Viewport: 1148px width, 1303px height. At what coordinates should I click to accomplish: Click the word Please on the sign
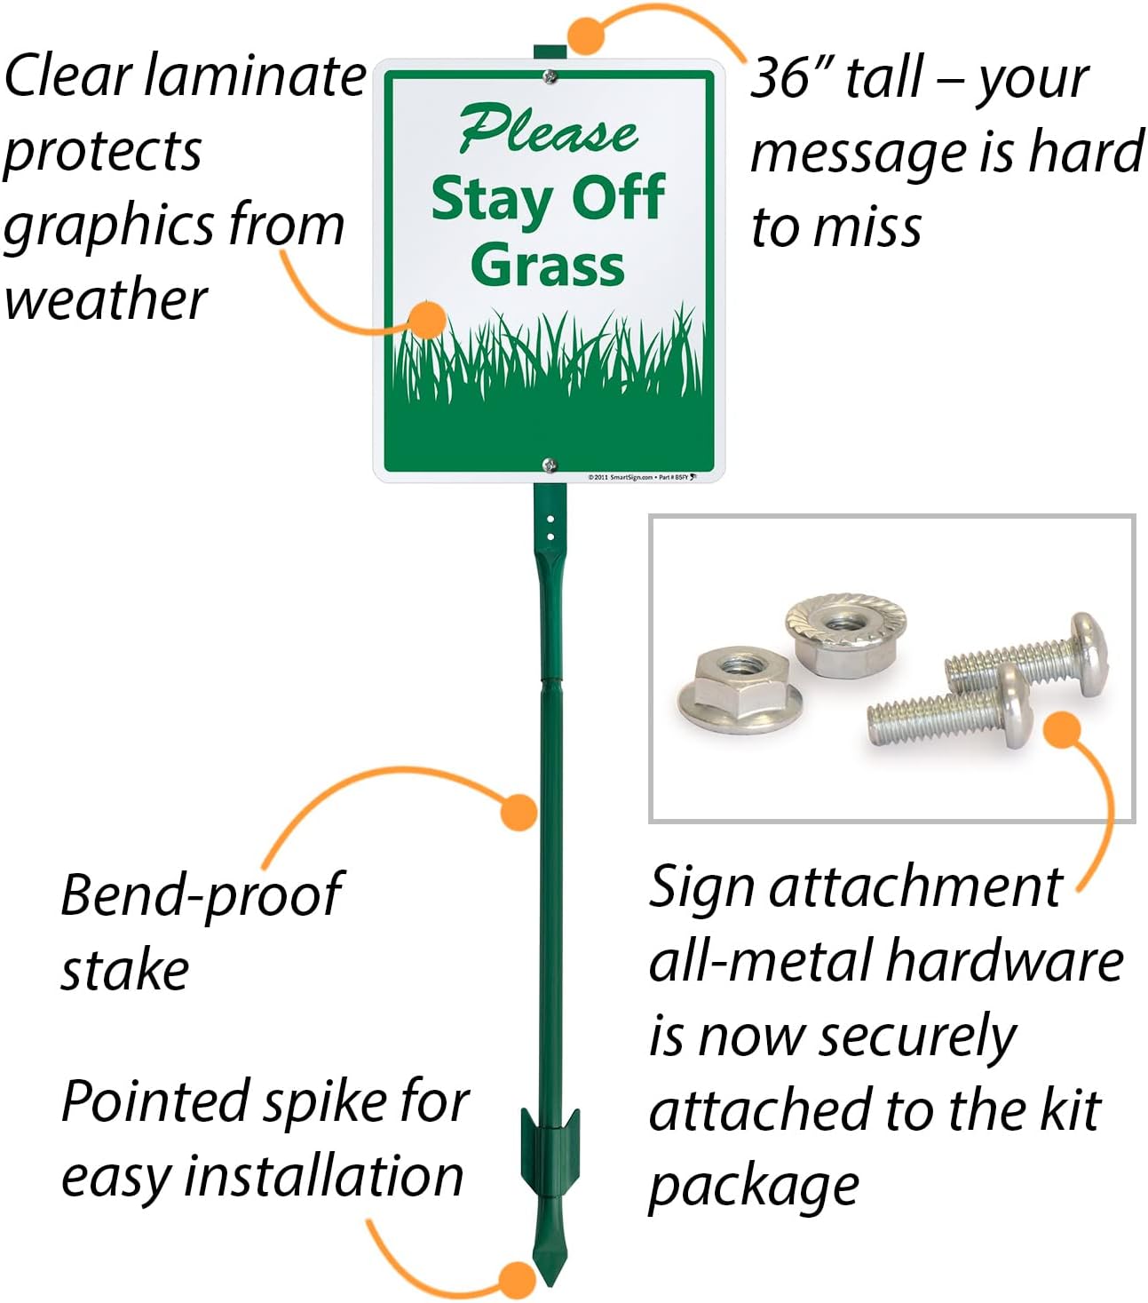pyautogui.click(x=548, y=131)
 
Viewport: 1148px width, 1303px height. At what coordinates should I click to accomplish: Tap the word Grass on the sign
pyautogui.click(x=548, y=265)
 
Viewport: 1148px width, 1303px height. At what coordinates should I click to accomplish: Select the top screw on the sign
pyautogui.click(x=550, y=77)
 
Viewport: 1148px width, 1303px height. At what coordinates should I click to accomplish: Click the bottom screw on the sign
pyautogui.click(x=550, y=464)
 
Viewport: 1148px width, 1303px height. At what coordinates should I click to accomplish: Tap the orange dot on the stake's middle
pyautogui.click(x=519, y=811)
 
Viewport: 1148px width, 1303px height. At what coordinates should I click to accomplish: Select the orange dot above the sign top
pyautogui.click(x=586, y=35)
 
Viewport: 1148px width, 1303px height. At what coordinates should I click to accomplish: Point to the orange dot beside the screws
pyautogui.click(x=1061, y=729)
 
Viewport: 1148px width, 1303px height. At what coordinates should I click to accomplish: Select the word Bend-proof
pyautogui.click(x=201, y=895)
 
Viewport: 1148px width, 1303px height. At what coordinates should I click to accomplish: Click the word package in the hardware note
pyautogui.click(x=754, y=1186)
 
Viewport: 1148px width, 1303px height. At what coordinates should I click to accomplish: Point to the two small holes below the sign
pyautogui.click(x=550, y=527)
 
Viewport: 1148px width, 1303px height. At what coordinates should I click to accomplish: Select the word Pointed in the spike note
pyautogui.click(x=155, y=1102)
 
